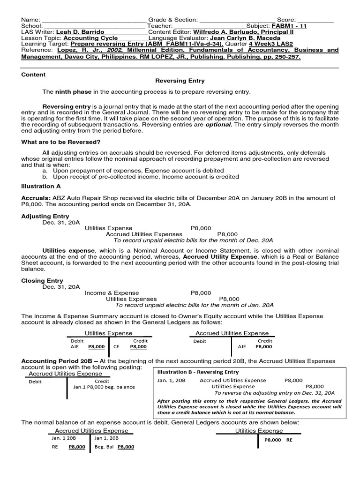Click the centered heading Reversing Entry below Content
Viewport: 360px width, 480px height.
[180, 81]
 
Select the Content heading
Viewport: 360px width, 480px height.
[33, 75]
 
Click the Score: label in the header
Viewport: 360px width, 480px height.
[286, 19]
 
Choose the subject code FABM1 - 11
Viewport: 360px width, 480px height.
[289, 26]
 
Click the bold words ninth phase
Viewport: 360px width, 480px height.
[71, 91]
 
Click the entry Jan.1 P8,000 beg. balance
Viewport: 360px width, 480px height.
[104, 387]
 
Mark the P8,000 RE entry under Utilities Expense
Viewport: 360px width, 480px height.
[278, 440]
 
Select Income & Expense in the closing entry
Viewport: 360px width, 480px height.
[106, 292]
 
